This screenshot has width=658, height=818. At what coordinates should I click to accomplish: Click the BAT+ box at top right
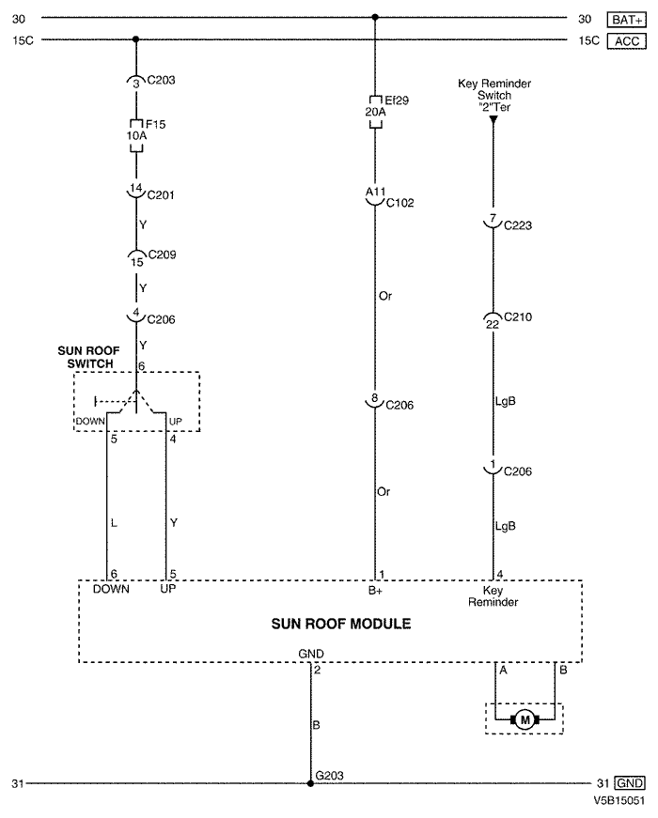point(627,20)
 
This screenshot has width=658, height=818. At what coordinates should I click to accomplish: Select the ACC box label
point(627,41)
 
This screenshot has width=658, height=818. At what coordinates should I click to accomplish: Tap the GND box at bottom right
point(630,783)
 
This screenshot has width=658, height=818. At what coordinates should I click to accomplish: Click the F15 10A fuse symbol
point(136,136)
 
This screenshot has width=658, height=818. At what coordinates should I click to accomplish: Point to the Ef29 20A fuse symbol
point(375,112)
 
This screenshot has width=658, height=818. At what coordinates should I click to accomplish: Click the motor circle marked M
point(525,720)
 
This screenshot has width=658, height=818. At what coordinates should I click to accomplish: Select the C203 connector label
point(161,81)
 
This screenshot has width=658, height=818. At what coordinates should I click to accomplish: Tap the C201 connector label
point(161,195)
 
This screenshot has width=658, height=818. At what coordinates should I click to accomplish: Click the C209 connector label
point(162,255)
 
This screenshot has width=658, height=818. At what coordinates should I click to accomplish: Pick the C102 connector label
point(400,203)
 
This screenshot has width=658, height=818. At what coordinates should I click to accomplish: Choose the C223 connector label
point(518,225)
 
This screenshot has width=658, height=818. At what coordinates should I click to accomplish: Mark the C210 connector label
point(518,316)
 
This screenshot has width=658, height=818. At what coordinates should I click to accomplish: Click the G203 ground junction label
point(330,776)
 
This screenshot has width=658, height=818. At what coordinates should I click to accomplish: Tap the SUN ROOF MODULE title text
point(341,624)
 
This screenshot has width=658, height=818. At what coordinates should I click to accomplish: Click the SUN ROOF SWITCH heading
point(88,358)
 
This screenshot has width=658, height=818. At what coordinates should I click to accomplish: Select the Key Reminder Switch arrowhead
point(493,119)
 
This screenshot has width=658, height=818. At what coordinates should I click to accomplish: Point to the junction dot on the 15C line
point(135,39)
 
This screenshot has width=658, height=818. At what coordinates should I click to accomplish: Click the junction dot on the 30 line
point(375,17)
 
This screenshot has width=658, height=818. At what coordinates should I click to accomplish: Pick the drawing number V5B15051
point(619,800)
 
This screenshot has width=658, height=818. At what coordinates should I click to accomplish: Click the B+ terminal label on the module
point(375,591)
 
